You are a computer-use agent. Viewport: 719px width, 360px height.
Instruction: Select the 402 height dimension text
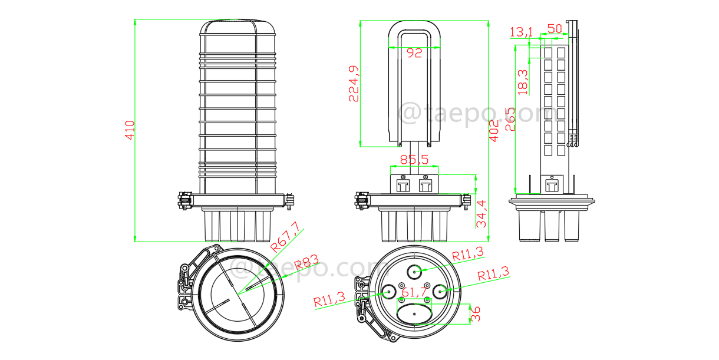coord(494,131)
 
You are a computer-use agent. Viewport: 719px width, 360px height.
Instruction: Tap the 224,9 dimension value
coord(354,84)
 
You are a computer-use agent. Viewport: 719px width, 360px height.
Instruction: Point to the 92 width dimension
coord(415,53)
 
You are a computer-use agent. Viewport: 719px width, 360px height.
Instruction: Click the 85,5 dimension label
coord(414,159)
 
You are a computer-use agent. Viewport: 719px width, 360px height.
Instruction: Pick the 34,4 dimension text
coord(481,213)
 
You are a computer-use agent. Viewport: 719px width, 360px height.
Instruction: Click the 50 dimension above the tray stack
coord(554,28)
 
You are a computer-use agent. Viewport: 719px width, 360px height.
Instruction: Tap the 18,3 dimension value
coord(523,81)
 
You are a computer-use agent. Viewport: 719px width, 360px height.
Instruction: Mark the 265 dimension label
coord(510,118)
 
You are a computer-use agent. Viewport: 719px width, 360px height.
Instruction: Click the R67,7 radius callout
coord(285,236)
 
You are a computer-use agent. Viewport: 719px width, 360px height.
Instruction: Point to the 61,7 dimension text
coord(414,290)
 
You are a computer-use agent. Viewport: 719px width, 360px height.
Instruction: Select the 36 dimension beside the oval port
coord(476,313)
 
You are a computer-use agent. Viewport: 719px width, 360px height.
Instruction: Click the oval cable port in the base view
coord(414,314)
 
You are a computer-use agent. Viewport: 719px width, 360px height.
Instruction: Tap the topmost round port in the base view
coord(415,271)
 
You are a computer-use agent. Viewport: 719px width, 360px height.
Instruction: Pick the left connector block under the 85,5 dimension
coord(404,186)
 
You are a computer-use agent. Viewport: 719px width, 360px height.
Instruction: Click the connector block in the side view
coord(552,185)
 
